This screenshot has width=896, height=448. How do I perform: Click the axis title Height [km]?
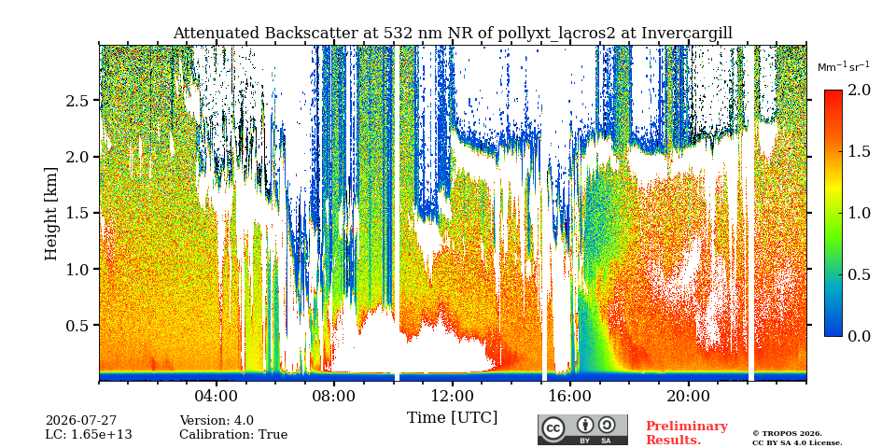pos(51,214)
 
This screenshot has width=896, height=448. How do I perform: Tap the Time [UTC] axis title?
pos(452,418)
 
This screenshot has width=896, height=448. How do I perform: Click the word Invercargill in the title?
pos(687,34)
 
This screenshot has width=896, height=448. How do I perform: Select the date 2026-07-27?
pos(81,421)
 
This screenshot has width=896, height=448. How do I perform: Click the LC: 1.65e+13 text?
pos(89,435)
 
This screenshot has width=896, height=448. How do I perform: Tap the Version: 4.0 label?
pos(217,421)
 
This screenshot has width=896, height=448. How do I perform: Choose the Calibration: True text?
pos(233,435)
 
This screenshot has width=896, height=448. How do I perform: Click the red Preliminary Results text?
pos(687,433)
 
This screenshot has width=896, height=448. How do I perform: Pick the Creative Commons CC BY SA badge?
pos(582,429)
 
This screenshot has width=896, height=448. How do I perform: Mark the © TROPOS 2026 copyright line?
pos(788,434)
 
